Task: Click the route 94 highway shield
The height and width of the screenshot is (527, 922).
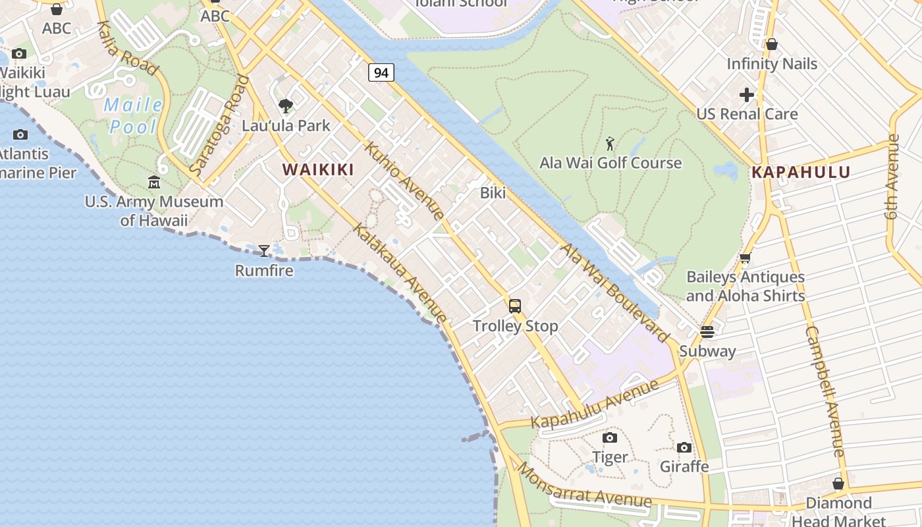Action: [381, 72]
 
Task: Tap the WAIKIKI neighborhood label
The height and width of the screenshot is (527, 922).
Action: [318, 169]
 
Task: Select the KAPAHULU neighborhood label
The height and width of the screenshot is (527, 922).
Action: [801, 173]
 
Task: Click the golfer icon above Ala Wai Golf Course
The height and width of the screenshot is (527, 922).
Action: [610, 143]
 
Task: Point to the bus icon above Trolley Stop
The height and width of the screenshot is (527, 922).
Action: [515, 306]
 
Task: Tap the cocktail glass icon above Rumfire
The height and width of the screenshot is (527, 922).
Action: [264, 250]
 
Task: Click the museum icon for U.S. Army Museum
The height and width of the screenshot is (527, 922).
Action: [154, 182]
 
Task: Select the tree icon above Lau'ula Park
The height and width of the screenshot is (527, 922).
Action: [286, 105]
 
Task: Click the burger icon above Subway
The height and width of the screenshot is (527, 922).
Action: [707, 331]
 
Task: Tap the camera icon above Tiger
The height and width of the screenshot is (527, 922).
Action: [610, 437]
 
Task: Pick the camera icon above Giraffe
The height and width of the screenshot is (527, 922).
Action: [684, 448]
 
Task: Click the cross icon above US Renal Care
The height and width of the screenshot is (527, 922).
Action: [747, 95]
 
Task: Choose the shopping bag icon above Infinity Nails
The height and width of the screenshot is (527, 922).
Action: [772, 44]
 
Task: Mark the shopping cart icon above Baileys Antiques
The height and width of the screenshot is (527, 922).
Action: [746, 258]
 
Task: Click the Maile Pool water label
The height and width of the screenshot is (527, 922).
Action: [134, 115]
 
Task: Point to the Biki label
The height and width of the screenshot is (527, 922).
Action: [493, 193]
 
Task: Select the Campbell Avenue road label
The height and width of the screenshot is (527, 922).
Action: [825, 391]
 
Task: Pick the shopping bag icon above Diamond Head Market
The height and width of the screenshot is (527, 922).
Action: [838, 484]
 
